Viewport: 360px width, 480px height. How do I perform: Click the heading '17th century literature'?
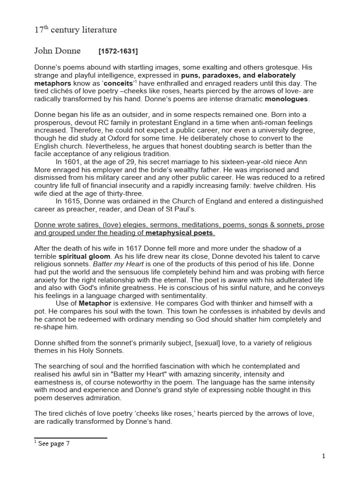click(x=75, y=30)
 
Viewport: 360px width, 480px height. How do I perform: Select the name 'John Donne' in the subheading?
click(x=58, y=51)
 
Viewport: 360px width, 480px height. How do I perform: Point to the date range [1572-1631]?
click(x=118, y=51)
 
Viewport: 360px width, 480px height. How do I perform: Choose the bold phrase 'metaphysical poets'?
click(x=180, y=233)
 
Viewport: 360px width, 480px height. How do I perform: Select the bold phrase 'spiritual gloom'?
click(x=84, y=256)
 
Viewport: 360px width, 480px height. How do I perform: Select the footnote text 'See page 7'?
click(x=54, y=444)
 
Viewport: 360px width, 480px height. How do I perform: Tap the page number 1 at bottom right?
click(x=323, y=456)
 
